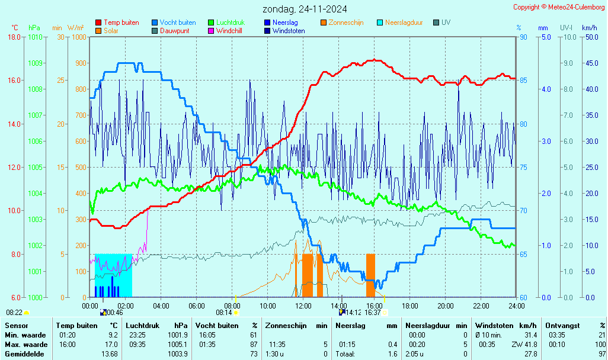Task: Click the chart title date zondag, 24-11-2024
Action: click(305, 9)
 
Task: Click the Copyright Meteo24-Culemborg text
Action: click(559, 7)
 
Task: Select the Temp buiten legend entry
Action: click(121, 22)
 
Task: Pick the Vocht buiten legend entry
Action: click(177, 22)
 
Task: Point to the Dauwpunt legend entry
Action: click(174, 31)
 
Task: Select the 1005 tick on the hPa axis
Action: click(35, 167)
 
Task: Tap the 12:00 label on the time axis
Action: click(303, 306)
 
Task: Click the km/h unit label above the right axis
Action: click(590, 28)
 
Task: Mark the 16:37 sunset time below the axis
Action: click(372, 313)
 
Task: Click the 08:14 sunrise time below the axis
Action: click(223, 313)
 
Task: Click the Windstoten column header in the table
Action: click(492, 325)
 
